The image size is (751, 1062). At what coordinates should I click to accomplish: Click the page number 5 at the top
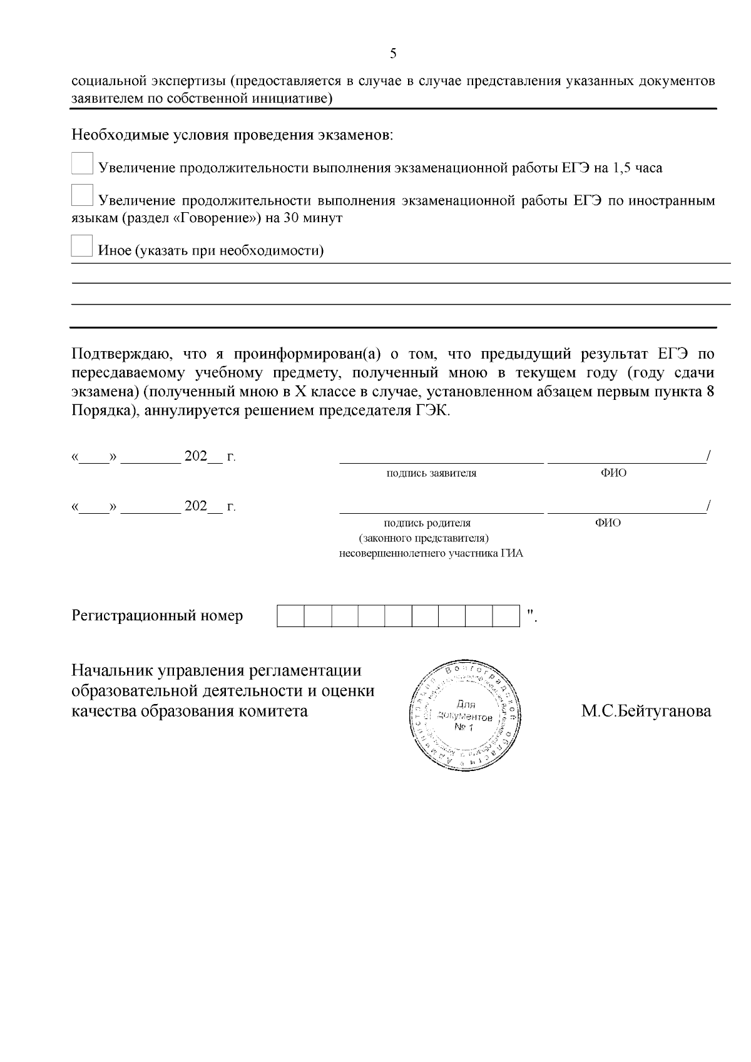coord(393,53)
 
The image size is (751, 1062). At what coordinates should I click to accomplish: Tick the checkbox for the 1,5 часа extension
coord(82,164)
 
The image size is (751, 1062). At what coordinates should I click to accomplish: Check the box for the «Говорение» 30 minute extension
coord(82,195)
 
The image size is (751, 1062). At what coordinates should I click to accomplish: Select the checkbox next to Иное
coord(82,246)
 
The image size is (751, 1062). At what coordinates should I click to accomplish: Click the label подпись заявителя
coord(431,473)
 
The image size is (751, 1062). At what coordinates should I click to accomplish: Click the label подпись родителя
coord(427,523)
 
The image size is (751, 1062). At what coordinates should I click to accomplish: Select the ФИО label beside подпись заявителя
coord(613,473)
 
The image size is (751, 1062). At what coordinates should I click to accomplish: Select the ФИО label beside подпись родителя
coord(608,523)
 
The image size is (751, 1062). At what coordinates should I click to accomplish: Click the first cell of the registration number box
coord(290,616)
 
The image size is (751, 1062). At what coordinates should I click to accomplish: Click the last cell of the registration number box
coord(506,616)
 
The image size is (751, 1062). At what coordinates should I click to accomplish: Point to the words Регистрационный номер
coord(157,616)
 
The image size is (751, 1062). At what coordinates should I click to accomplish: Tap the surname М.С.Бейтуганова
coord(646,712)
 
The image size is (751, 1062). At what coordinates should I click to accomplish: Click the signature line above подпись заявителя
coord(441,462)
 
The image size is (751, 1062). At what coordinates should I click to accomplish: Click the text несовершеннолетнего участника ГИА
coord(431,554)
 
